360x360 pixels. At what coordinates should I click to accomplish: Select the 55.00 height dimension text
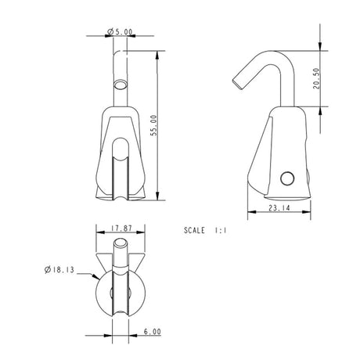click(x=153, y=125)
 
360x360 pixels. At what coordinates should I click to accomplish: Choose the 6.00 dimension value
click(x=152, y=332)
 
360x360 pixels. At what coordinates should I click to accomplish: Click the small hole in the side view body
click(x=286, y=178)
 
